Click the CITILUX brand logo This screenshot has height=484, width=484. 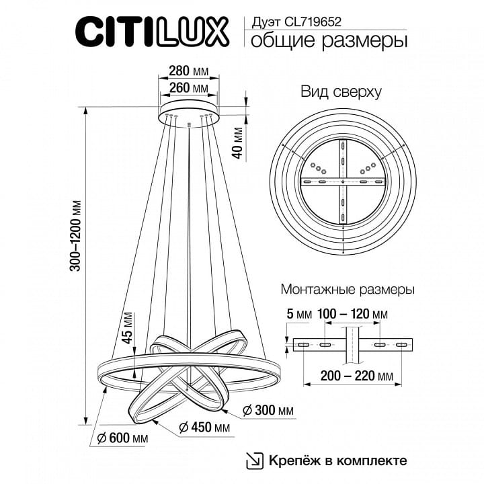coord(152,32)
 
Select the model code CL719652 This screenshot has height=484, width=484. coord(313,22)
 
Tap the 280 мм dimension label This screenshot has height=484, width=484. coord(189,71)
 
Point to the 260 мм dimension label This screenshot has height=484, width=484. coord(189,88)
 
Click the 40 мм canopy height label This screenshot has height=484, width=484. coord(238,143)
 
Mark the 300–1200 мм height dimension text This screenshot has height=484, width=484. coord(75,236)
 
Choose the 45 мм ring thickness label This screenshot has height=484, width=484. coord(127,328)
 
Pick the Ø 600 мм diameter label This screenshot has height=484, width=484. coord(123,438)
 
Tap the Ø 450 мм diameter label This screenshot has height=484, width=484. coord(204,428)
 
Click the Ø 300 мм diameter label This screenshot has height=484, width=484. coord(268,410)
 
